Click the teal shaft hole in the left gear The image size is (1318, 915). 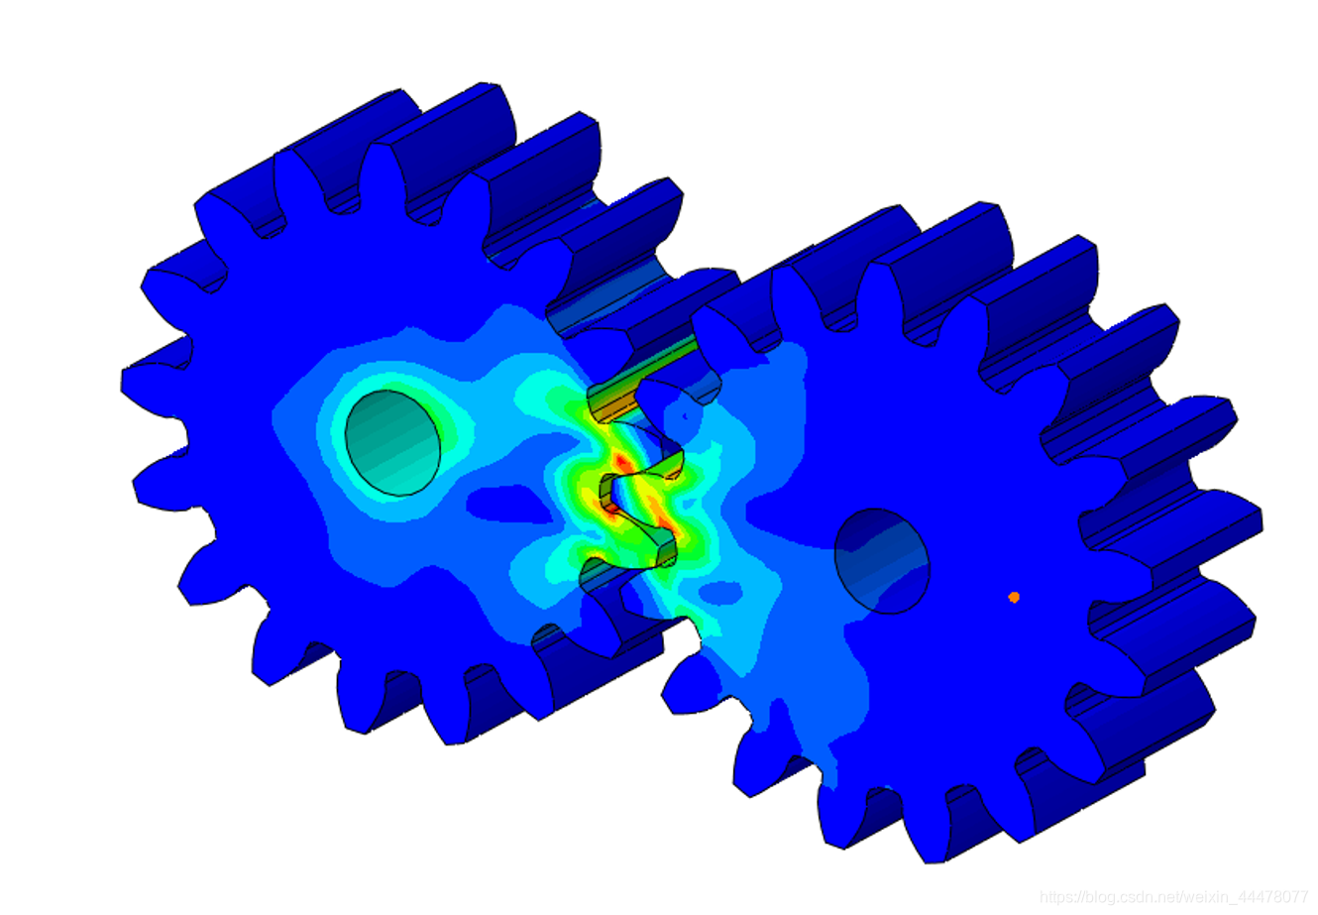point(392,442)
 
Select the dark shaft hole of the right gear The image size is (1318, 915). point(882,561)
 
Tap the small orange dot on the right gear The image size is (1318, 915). point(1013,597)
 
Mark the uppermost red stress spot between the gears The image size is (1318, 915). point(620,461)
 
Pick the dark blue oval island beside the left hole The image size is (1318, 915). point(509,504)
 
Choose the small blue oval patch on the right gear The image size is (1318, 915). point(720,592)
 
